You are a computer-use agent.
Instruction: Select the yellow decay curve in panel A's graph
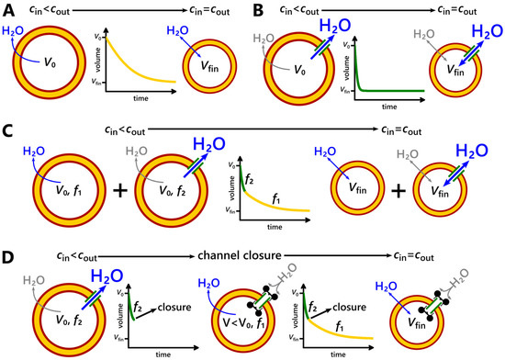pyautogui.click(x=133, y=64)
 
